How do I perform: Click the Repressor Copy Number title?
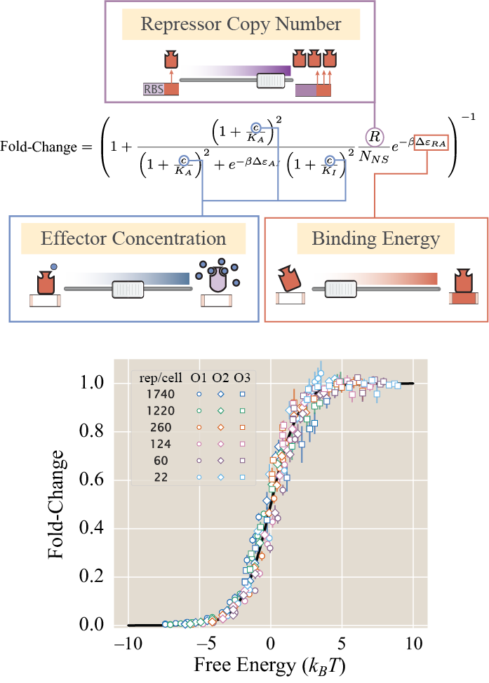coord(241,25)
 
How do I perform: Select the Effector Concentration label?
coord(133,238)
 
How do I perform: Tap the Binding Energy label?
coord(375,239)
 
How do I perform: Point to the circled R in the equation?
coord(375,136)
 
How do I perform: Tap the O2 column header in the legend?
coord(220,379)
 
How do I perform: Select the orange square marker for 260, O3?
coord(242,428)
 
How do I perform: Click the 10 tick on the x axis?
coord(414,643)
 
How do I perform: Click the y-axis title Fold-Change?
coord(60,503)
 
